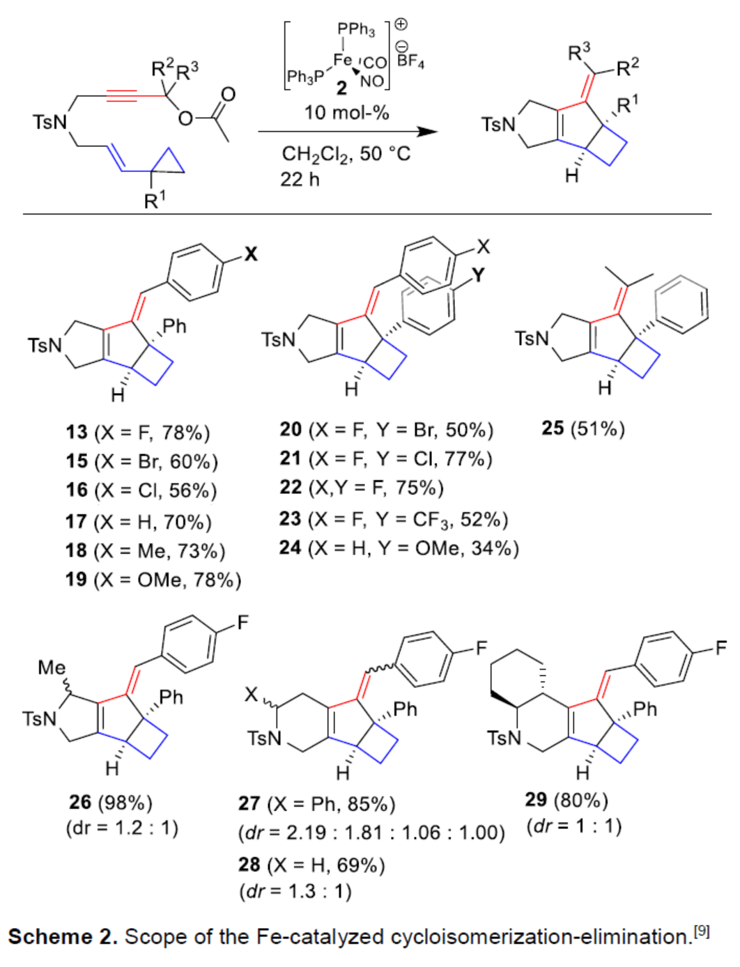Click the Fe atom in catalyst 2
coord(342,60)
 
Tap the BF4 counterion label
coord(410,61)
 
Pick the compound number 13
coord(77,433)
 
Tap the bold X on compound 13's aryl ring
coord(250,254)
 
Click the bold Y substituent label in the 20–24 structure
coord(477,276)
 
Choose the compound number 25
coord(553,428)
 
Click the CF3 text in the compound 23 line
coord(431,519)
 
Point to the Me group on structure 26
coord(52,667)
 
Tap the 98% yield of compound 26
coord(125,803)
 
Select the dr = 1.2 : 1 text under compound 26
coord(123,828)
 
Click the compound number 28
coord(249,865)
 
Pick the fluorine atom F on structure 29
coord(720,649)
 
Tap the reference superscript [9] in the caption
coord(701,931)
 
